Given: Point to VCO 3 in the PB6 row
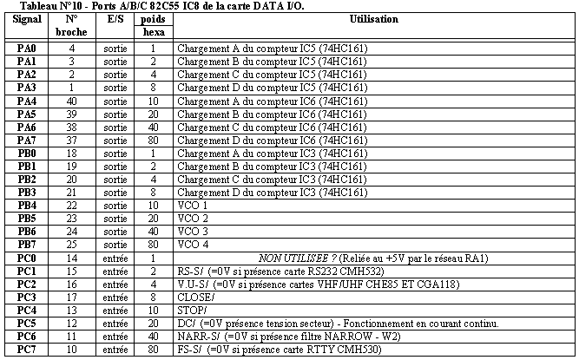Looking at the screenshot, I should click(x=193, y=232).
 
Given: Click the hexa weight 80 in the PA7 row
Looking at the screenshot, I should click(x=152, y=141).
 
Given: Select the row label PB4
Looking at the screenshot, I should click(x=27, y=206).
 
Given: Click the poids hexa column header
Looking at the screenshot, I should click(x=152, y=25).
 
